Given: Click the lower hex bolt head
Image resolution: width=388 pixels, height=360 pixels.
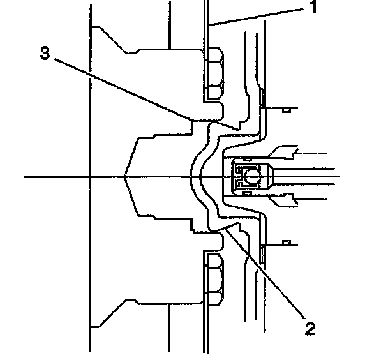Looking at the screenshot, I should (x=214, y=278).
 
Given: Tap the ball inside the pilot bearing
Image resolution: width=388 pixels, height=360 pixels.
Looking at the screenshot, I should (x=250, y=174).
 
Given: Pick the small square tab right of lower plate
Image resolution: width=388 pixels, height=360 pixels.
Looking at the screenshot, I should (x=286, y=243).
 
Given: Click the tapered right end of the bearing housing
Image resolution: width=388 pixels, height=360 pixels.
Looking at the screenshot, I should (x=271, y=174).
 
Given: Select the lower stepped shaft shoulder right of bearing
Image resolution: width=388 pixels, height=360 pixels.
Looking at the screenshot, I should (x=281, y=198).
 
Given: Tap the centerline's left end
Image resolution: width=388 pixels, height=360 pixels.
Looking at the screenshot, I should (x=24, y=176).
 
